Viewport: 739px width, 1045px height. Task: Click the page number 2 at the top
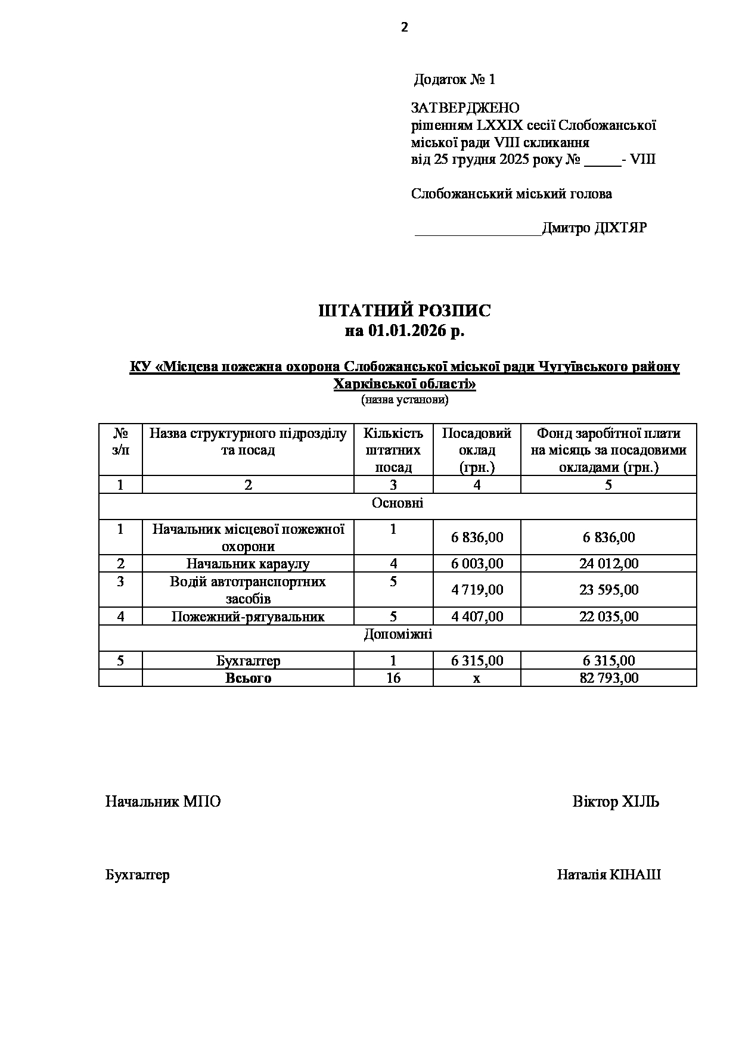405,27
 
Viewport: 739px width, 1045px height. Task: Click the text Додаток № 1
454,79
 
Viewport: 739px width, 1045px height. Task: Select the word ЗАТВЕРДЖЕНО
465,108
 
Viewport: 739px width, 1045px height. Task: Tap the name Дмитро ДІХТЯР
594,228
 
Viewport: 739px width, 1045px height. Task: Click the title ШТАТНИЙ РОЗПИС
405,311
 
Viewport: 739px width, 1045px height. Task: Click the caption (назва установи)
405,400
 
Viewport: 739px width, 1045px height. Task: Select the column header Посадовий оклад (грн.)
477,450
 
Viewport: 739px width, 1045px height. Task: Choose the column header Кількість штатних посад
393,450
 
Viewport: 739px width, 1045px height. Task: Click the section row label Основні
398,503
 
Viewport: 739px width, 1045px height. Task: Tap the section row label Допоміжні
398,635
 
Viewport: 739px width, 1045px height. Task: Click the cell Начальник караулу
248,564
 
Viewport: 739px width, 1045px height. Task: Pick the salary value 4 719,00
477,590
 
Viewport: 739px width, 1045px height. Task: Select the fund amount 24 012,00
608,564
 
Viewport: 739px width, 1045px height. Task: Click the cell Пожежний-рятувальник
248,617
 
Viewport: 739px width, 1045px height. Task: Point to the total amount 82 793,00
608,678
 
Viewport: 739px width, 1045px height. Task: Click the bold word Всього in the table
248,678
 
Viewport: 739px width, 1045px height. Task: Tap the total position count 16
393,678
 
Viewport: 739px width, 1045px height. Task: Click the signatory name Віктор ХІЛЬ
616,801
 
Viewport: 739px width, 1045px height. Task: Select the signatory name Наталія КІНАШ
608,875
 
